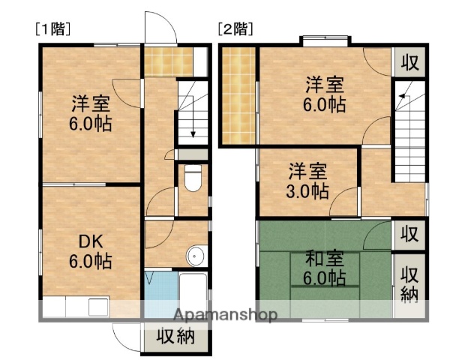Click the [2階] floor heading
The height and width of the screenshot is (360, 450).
[235, 30]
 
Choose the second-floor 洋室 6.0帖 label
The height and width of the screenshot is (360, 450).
[325, 94]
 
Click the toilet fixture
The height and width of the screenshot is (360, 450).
[192, 179]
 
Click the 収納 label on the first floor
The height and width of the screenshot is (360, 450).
[175, 337]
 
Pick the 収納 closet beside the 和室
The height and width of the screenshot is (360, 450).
[409, 283]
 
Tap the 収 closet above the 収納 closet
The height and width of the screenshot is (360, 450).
[409, 234]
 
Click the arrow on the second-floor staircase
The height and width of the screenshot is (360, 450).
[402, 94]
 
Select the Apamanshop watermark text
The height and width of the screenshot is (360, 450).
[225, 313]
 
